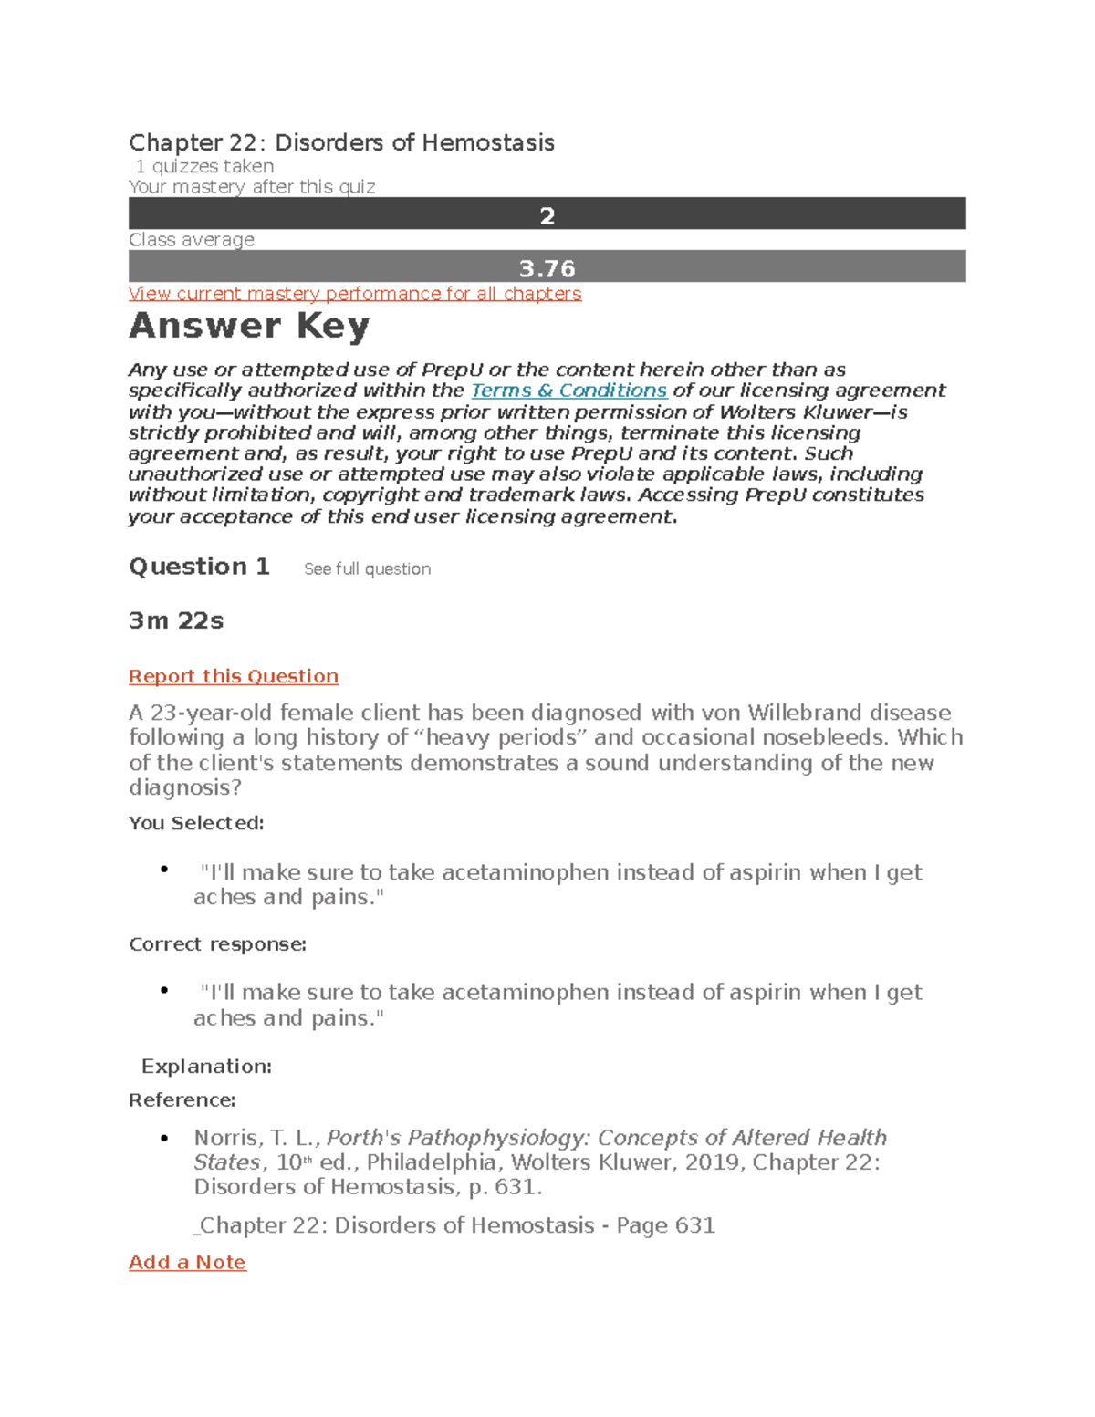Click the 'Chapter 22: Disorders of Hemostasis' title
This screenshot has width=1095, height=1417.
[341, 143]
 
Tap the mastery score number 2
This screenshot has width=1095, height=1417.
[547, 215]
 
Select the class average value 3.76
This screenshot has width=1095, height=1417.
[547, 268]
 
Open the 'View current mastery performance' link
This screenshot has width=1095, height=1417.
[355, 294]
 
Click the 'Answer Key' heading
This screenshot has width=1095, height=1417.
[249, 326]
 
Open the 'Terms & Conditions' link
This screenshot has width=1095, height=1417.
[568, 391]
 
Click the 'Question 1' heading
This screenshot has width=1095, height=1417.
[199, 567]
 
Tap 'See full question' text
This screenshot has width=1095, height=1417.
[367, 569]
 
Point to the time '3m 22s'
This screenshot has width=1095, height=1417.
[176, 621]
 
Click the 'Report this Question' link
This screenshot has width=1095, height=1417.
[234, 676]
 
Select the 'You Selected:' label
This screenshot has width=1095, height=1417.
[196, 823]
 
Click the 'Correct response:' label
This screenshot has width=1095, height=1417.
[217, 944]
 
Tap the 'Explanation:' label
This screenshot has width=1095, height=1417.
[206, 1067]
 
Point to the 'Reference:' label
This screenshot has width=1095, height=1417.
[182, 1100]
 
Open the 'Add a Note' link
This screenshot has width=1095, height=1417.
[187, 1262]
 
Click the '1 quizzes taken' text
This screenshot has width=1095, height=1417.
[204, 166]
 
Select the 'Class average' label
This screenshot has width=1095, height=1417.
[192, 240]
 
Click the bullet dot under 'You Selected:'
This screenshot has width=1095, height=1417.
[164, 870]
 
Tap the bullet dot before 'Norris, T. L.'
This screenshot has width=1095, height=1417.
[164, 1138]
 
